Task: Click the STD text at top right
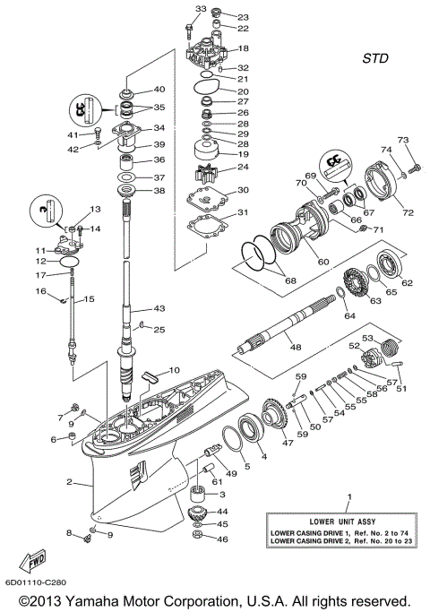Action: tap(376, 59)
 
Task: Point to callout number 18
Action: tap(244, 47)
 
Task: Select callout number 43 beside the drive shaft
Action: tap(159, 308)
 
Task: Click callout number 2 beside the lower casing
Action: tap(68, 482)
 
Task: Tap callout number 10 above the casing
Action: tap(174, 370)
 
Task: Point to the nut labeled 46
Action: tap(199, 539)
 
